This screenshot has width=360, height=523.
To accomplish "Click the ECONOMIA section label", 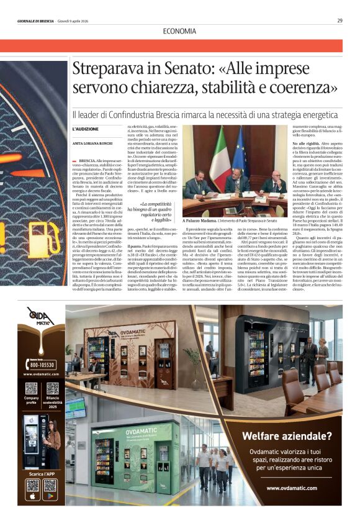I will pyautogui.click(x=179, y=31).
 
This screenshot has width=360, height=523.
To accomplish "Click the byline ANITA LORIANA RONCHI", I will pyautogui.click(x=93, y=144).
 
